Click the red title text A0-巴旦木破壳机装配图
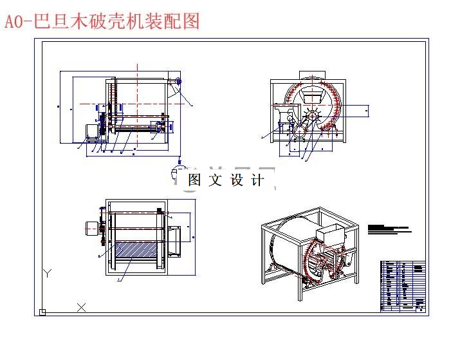coord(102,21)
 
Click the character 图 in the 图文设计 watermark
coord(194,180)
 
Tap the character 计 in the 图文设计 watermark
coord(257,180)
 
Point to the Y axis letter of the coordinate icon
coord(47,273)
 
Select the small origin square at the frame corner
coord(42,312)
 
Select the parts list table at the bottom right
coord(404,286)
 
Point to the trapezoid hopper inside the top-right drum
coord(313,96)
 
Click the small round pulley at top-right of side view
coord(178,81)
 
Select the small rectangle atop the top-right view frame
coord(308,75)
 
